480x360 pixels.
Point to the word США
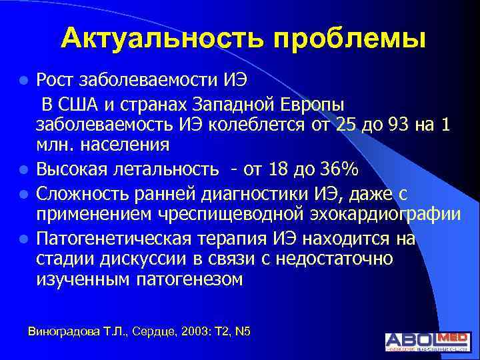click(x=81, y=106)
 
